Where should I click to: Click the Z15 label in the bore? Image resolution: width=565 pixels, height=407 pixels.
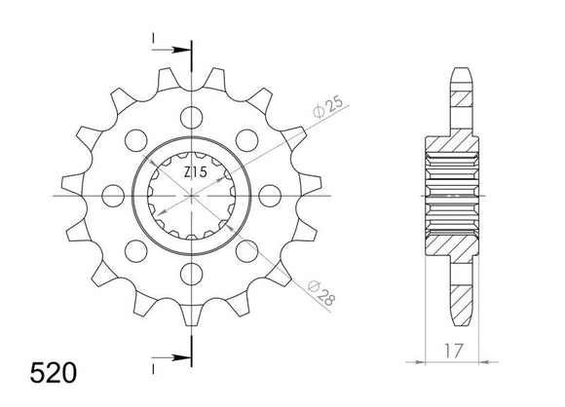point(195,172)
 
